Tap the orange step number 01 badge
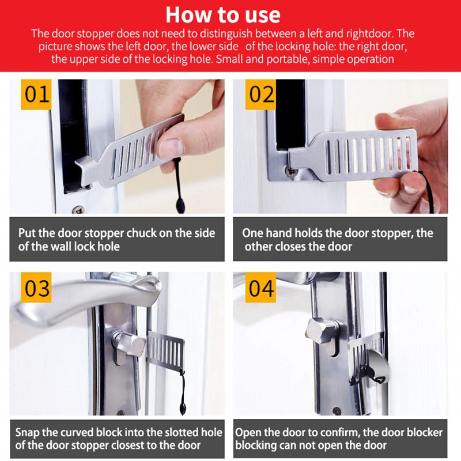coord(37,94)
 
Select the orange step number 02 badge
coord(261,94)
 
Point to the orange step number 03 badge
coord(37,288)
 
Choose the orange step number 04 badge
coord(261,288)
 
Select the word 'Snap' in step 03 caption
coord(28,432)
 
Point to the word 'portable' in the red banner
coord(285,59)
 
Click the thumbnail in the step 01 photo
coord(172,148)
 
